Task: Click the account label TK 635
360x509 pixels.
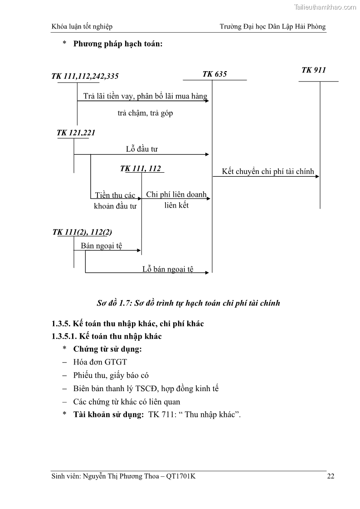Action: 214,74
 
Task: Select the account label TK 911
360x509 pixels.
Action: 314,70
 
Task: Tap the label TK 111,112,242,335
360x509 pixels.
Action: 85,77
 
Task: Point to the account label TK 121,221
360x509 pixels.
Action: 76,133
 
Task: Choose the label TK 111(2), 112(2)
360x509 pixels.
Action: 83,232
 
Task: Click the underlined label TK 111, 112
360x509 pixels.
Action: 141,169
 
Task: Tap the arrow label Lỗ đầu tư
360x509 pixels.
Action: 141,149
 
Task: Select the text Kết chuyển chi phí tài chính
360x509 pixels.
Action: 268,172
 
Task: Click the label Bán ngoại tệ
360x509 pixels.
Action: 102,246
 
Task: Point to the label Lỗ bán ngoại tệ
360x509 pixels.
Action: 168,269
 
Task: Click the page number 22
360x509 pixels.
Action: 331,476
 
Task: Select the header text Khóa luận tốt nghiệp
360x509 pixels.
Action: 82,27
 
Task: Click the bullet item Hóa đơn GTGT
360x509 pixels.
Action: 100,362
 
